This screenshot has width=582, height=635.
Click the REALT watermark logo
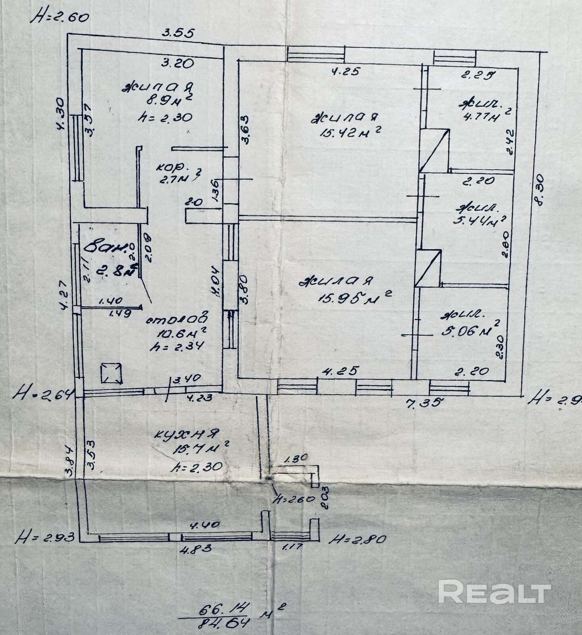(494, 593)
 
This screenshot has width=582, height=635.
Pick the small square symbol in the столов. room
(111, 373)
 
